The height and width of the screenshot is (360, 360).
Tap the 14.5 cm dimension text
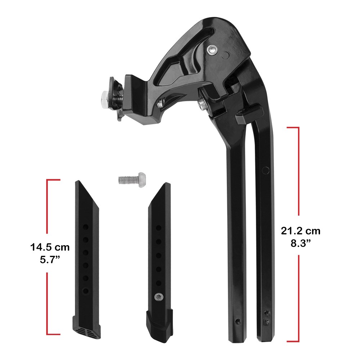pyautogui.click(x=50, y=247)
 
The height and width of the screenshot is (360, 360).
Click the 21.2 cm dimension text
pyautogui.click(x=301, y=231)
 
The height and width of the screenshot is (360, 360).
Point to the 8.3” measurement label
pyautogui.click(x=300, y=244)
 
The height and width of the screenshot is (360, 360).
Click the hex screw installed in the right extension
pyautogui.click(x=158, y=297)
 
